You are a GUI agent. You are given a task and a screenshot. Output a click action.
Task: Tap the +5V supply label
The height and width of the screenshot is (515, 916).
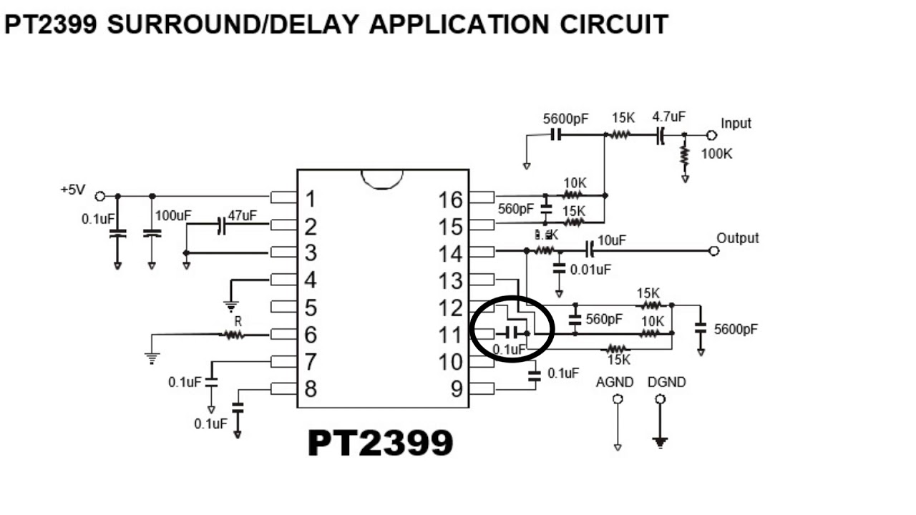(73, 190)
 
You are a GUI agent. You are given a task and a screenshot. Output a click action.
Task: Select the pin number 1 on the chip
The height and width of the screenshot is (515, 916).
(310, 200)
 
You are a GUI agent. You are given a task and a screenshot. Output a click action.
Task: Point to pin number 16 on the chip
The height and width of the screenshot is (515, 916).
(451, 200)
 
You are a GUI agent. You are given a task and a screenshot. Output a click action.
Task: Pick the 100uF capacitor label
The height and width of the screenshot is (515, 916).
(171, 215)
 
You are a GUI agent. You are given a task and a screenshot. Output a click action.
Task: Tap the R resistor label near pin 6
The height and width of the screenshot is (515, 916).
(238, 322)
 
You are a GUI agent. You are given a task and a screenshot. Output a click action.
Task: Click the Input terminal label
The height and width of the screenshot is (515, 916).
(736, 123)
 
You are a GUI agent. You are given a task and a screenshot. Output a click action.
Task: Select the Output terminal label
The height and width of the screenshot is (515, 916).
(737, 238)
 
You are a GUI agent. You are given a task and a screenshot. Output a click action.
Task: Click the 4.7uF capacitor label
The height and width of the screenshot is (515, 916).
(669, 116)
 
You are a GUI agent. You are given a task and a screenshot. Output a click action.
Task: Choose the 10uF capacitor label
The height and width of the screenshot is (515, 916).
(611, 240)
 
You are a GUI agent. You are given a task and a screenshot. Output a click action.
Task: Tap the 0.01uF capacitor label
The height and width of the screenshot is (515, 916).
(590, 270)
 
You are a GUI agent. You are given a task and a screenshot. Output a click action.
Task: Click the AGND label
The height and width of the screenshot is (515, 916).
(615, 383)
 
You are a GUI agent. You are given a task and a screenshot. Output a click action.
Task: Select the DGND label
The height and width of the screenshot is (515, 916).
(666, 383)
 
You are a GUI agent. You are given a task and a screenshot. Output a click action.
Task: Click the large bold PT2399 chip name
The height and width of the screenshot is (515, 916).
(380, 443)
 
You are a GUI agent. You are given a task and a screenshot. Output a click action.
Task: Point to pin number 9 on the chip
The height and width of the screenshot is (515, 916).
(456, 389)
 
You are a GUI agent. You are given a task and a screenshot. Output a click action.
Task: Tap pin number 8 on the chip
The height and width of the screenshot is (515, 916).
(310, 389)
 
